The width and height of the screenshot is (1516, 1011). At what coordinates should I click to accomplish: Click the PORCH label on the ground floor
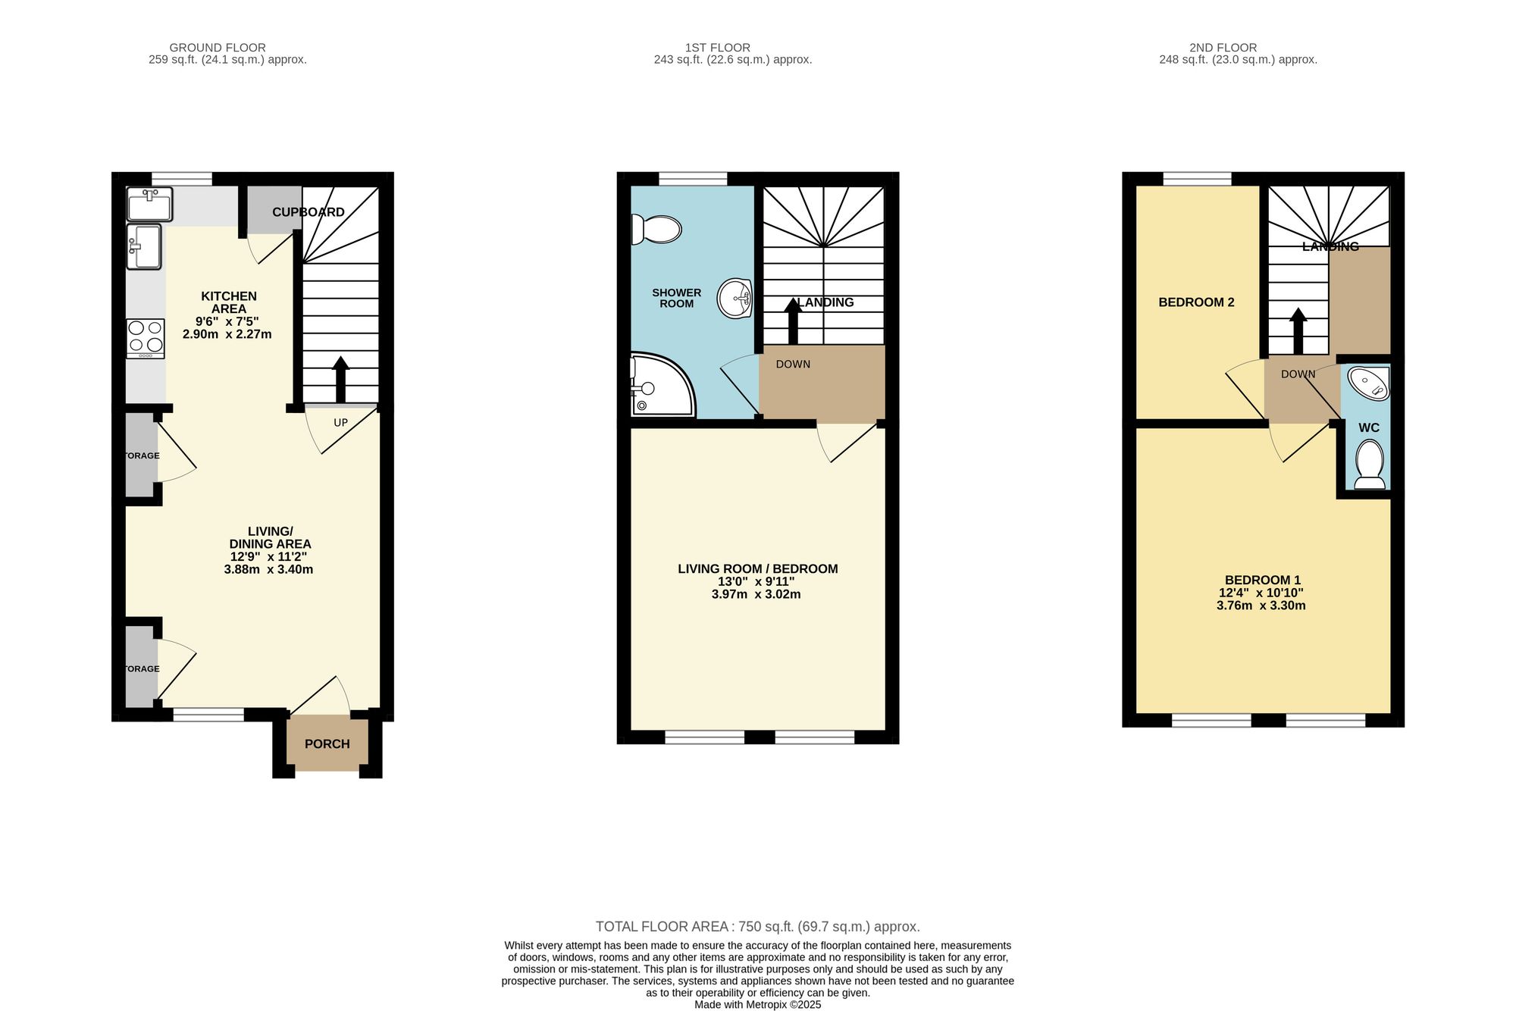pyautogui.click(x=327, y=744)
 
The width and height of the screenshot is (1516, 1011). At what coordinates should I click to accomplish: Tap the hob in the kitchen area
pyautogui.click(x=146, y=338)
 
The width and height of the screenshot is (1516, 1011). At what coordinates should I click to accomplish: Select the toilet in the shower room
pyautogui.click(x=657, y=230)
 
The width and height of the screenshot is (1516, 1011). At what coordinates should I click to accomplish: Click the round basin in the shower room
pyautogui.click(x=734, y=298)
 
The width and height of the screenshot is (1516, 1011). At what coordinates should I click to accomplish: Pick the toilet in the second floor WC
pyautogui.click(x=1369, y=464)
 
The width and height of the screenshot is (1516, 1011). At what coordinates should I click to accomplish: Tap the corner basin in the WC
pyautogui.click(x=1370, y=383)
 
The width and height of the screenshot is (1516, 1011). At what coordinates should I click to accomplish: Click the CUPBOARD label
pyautogui.click(x=309, y=212)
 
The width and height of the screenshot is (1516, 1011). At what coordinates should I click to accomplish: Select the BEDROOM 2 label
pyautogui.click(x=1196, y=302)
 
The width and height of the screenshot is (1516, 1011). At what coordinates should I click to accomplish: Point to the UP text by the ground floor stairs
pyautogui.click(x=341, y=423)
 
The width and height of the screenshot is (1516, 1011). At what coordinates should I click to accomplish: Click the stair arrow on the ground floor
pyautogui.click(x=340, y=379)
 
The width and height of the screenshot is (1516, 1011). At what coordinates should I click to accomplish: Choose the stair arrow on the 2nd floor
pyautogui.click(x=1298, y=331)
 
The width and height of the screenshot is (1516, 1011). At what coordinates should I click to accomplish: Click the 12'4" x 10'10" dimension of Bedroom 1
pyautogui.click(x=1261, y=593)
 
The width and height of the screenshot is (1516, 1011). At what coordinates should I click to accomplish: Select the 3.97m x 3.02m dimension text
pyautogui.click(x=756, y=595)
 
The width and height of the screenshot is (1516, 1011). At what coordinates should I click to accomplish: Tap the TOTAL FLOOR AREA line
pyautogui.click(x=757, y=926)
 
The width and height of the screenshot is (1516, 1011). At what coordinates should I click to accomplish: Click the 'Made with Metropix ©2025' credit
pyautogui.click(x=757, y=1005)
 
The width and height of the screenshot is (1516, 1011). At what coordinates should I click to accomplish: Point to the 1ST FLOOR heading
pyautogui.click(x=717, y=48)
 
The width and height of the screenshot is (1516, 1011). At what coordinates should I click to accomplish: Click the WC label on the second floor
pyautogui.click(x=1369, y=428)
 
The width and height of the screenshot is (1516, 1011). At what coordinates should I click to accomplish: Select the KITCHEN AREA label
pyautogui.click(x=229, y=302)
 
